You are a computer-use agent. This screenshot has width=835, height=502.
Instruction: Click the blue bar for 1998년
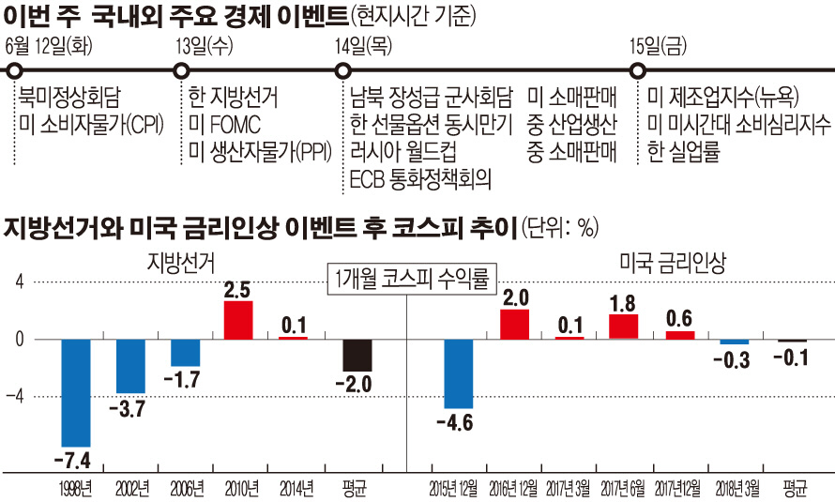pos(76,392)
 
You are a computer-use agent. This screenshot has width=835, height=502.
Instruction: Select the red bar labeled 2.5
pos(237,320)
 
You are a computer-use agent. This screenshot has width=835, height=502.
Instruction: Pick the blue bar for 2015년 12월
pos(459,373)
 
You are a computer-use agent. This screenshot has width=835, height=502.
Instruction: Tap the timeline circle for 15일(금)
pos(638,70)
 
